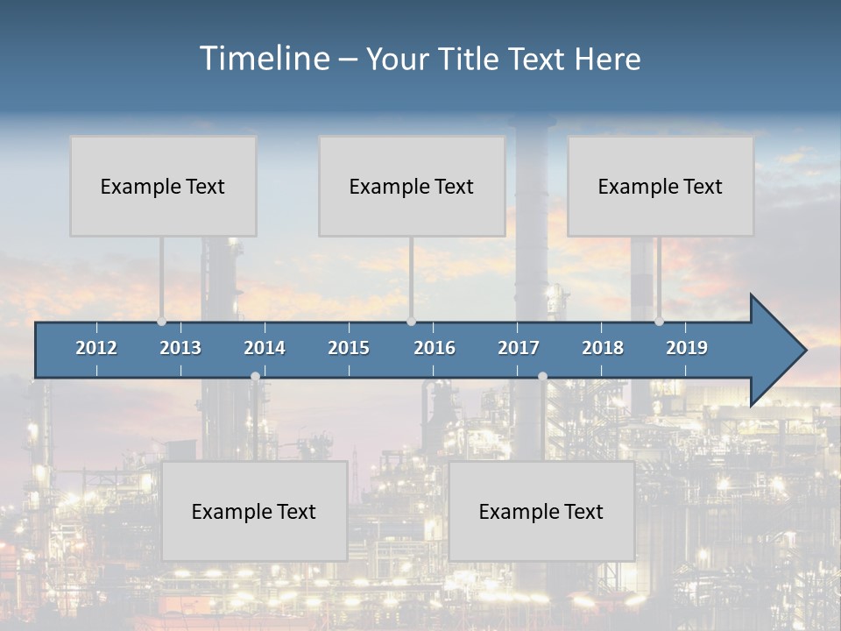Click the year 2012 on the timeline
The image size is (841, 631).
[x=96, y=348]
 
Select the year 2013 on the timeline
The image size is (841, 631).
[x=180, y=348]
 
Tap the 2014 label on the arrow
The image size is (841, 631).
[x=265, y=348]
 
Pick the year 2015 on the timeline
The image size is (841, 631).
[x=349, y=348]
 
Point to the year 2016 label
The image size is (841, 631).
[x=435, y=348]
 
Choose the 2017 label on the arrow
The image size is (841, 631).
[x=519, y=348]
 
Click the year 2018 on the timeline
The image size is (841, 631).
[x=603, y=348]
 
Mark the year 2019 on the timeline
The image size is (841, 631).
[x=687, y=348]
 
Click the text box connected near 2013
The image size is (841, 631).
[x=163, y=186]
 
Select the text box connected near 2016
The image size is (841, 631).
[x=412, y=186]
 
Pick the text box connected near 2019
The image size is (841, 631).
[x=661, y=186]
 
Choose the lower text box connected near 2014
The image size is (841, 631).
[x=254, y=511]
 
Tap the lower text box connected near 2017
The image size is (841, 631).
[x=541, y=511]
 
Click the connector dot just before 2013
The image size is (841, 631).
[x=161, y=322]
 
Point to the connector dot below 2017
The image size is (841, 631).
[x=542, y=376]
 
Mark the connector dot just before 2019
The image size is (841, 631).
[x=659, y=322]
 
